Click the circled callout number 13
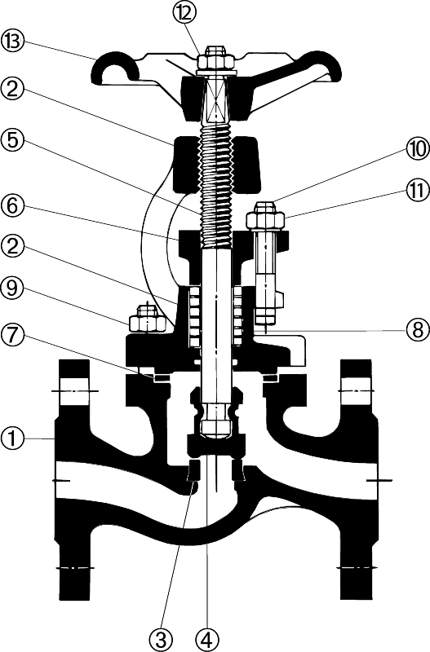[13, 42]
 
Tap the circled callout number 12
[184, 14]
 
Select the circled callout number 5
[13, 140]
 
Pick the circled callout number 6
[13, 206]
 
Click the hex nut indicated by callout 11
[265, 216]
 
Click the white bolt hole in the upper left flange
[74, 391]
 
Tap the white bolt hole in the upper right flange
[357, 391]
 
